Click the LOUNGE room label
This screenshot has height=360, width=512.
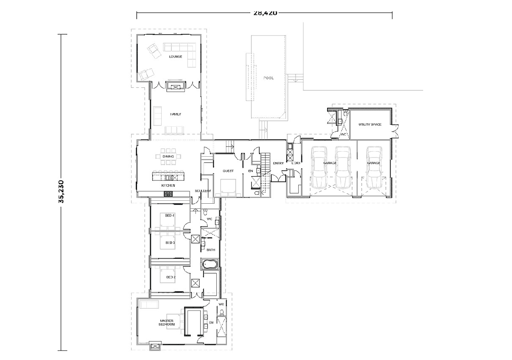[x=175, y=56]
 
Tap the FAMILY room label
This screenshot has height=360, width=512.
[x=176, y=114]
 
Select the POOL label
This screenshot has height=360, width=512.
[x=268, y=78]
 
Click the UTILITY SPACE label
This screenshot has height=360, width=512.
[x=370, y=125]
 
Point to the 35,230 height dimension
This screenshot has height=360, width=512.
[x=62, y=193]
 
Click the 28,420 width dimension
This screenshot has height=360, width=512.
[x=265, y=13]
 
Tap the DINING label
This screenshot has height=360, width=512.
[x=168, y=156]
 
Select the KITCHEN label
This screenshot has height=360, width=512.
[x=168, y=186]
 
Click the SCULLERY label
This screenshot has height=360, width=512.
[x=203, y=191]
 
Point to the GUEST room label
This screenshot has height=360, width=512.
[x=228, y=171]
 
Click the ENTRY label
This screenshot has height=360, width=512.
[x=278, y=163]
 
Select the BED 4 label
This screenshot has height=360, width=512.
[x=170, y=216]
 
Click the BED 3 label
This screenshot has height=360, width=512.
[x=170, y=243]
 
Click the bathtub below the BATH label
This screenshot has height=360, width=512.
[x=210, y=265]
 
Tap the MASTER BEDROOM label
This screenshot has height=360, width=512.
[x=168, y=323]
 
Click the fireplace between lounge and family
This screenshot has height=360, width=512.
[x=175, y=87]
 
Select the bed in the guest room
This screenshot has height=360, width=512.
[x=229, y=186]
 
